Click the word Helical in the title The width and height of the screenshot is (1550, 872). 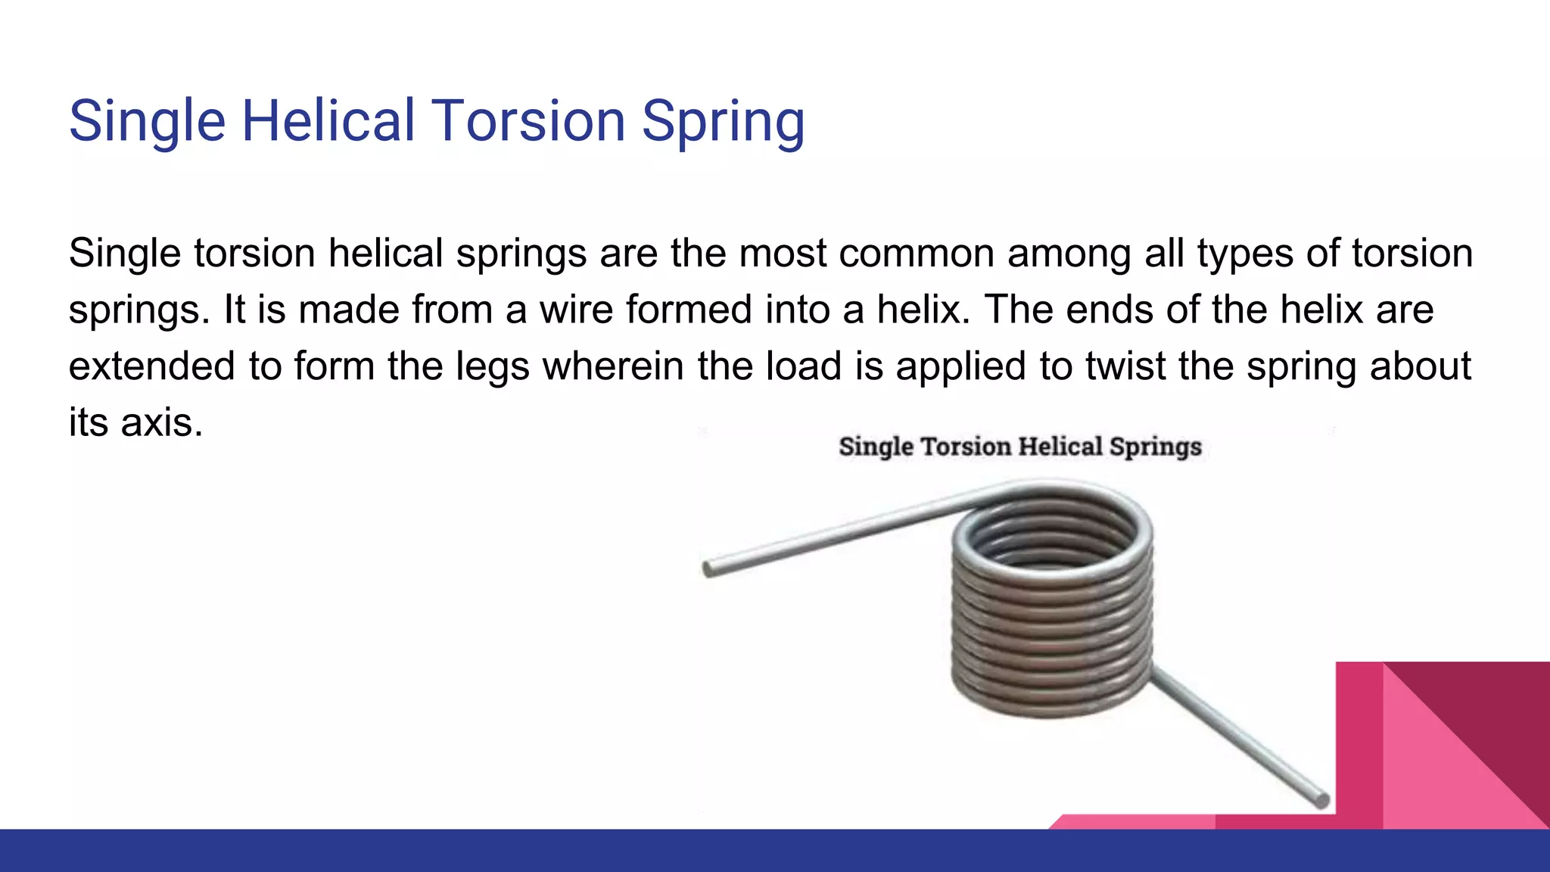[x=328, y=121]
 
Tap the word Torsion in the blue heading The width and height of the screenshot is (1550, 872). [x=528, y=121]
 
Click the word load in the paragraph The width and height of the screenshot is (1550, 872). [x=803, y=366]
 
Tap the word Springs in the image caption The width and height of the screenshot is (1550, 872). [x=1155, y=447]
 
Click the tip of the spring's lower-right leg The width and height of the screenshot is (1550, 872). [x=1320, y=799]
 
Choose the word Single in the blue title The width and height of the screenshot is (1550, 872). [x=148, y=121]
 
